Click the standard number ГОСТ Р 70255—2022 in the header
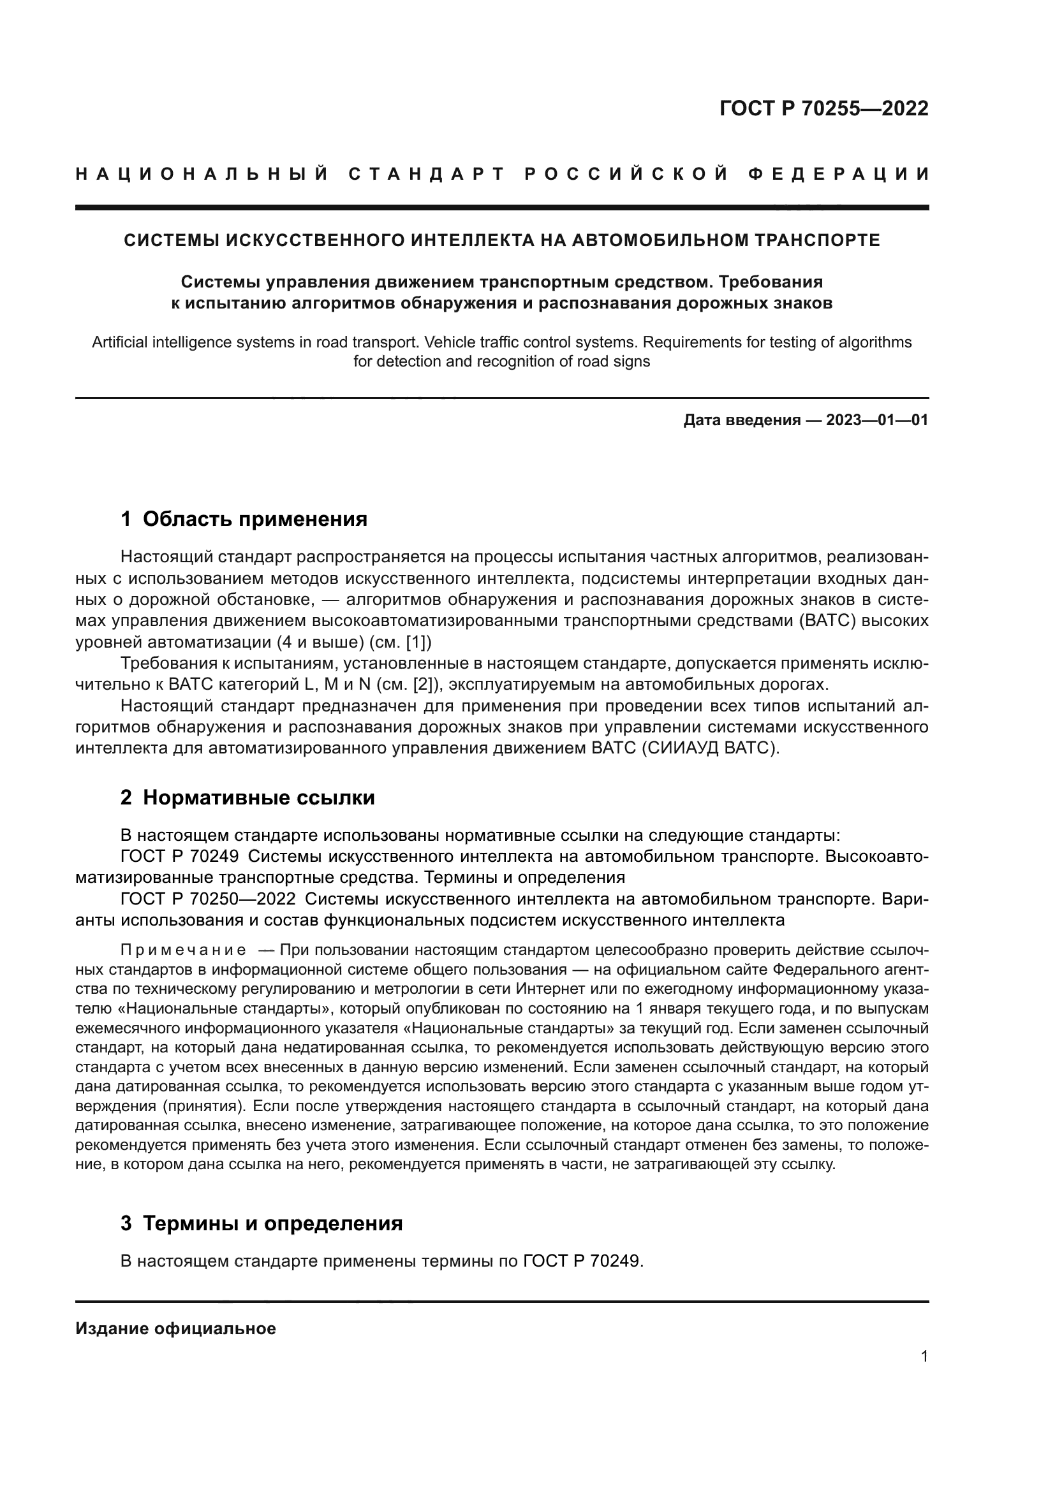coord(823,108)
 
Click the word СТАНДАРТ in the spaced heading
coord(427,174)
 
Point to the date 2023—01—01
coord(877,420)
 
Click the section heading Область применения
coord(255,519)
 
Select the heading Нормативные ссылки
coord(258,797)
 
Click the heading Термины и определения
coord(272,1223)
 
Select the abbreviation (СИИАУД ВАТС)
coord(710,748)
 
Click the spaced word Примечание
coord(183,950)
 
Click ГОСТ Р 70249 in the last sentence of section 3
coord(582,1261)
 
